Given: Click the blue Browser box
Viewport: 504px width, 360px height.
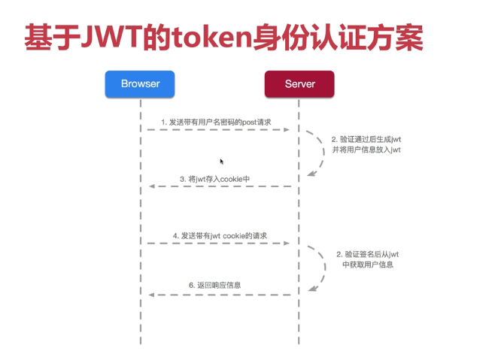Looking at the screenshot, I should (140, 83).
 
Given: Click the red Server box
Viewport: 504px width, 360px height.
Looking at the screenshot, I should (299, 83).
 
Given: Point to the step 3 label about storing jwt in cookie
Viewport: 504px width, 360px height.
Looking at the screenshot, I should (214, 179).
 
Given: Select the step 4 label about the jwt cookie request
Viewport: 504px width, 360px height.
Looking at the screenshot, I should (220, 235).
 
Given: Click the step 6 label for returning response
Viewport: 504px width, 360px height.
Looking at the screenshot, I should (214, 286).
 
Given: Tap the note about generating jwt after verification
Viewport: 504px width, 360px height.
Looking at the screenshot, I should (366, 144).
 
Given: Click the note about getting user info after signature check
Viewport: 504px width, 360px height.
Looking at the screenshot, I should (367, 259).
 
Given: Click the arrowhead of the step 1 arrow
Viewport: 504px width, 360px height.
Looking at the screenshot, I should (287, 130).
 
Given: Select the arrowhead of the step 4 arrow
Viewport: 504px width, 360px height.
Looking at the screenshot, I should (287, 244).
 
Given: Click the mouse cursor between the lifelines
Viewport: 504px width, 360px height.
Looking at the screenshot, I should (222, 161).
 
